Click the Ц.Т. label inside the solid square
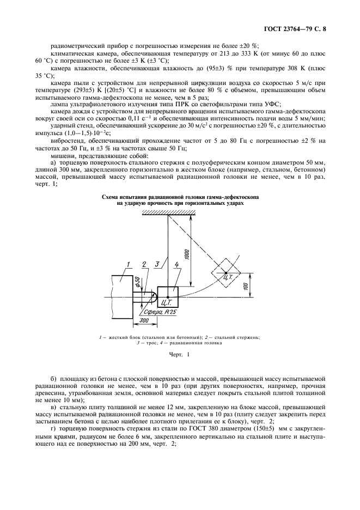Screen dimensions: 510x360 pos(168,301)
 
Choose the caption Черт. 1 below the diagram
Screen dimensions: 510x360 pos(180,355)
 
